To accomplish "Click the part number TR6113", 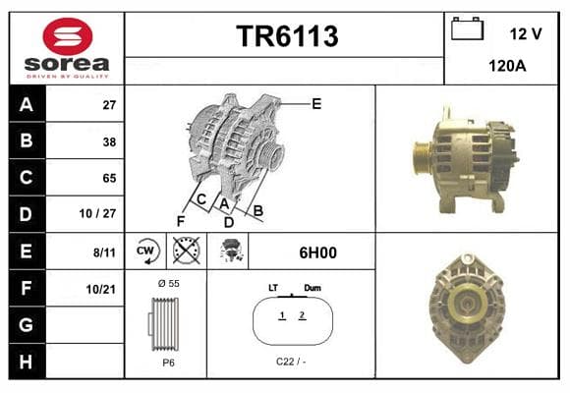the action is pyautogui.click(x=287, y=36).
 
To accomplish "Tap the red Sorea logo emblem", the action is pyautogui.click(x=68, y=36).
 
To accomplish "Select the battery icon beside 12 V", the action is pyautogui.click(x=467, y=28).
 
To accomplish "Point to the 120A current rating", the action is pyautogui.click(x=507, y=66).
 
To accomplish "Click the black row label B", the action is pyautogui.click(x=27, y=140).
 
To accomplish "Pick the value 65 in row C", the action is pyautogui.click(x=109, y=178).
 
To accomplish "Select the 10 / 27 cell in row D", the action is pyautogui.click(x=98, y=213).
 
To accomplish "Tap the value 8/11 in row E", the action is pyautogui.click(x=104, y=253).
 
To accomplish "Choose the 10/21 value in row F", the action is pyautogui.click(x=100, y=290).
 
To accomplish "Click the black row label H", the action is pyautogui.click(x=26, y=362).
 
